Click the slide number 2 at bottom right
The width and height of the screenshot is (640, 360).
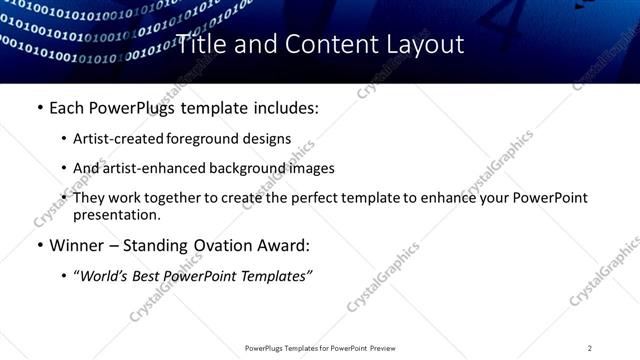590,347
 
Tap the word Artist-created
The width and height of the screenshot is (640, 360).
114,139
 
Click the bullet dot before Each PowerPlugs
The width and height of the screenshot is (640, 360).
39,108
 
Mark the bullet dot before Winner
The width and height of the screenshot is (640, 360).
39,244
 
